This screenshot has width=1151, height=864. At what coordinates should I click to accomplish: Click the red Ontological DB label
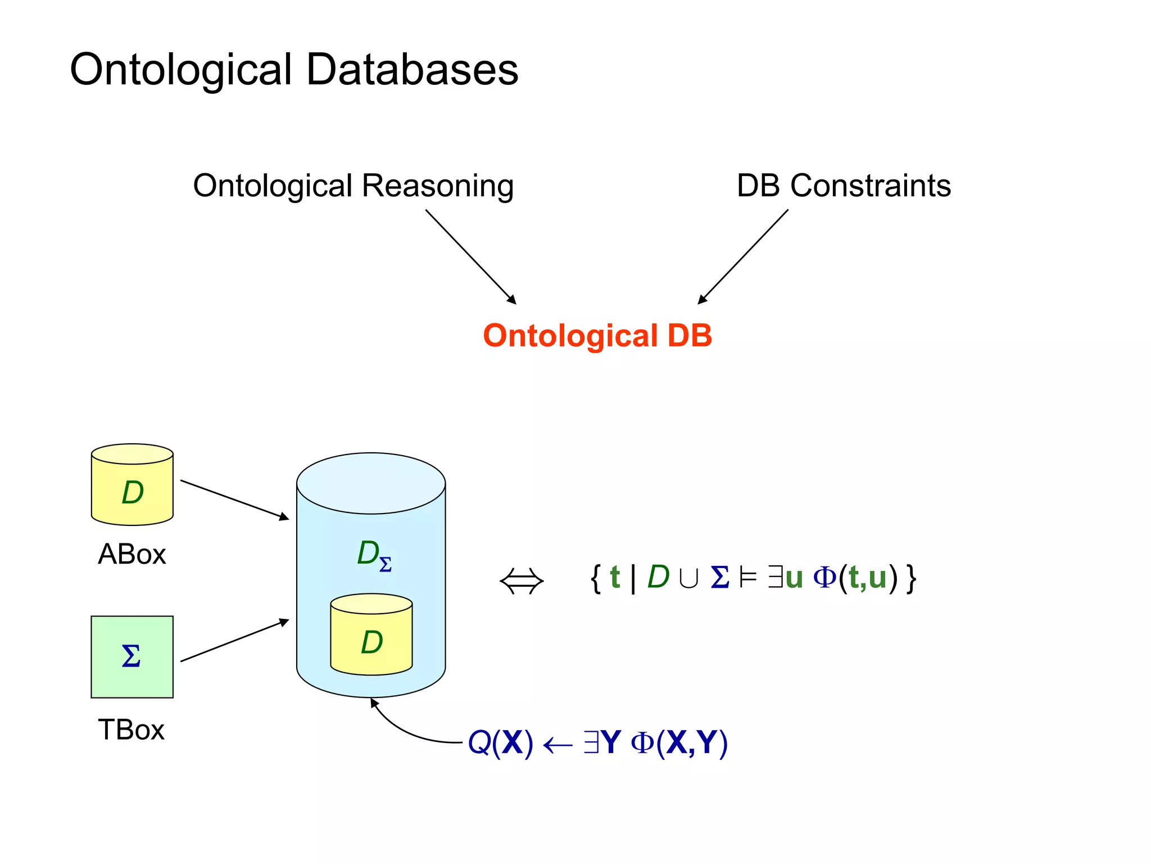[597, 336]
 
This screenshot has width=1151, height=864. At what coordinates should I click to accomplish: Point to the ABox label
[132, 555]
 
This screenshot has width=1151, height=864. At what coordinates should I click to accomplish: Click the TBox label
[131, 730]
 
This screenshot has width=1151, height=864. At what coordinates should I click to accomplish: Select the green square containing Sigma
[132, 657]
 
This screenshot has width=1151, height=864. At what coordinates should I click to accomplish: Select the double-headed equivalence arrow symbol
[522, 581]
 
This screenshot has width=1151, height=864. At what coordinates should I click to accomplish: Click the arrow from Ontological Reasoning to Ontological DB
[470, 256]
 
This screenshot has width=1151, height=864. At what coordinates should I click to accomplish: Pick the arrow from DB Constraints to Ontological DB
[743, 256]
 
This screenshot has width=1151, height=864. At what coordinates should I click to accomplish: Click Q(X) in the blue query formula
[500, 743]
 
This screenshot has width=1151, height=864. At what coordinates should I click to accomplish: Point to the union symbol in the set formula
[688, 578]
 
